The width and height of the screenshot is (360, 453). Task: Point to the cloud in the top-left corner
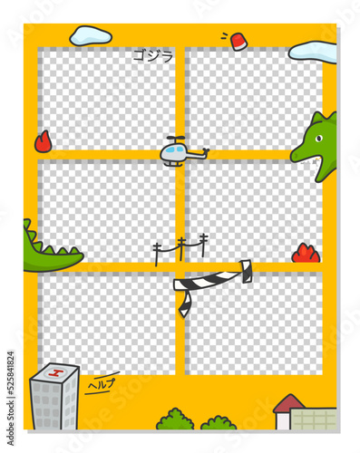(x=91, y=35)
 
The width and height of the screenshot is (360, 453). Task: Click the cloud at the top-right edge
(x=313, y=52)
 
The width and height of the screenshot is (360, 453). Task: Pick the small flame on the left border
(x=43, y=141)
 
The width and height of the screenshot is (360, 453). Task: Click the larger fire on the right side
(x=306, y=253)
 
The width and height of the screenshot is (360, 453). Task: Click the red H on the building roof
(x=55, y=372)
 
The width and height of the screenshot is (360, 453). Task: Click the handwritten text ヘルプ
(x=102, y=383)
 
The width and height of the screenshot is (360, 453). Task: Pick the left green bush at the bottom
(x=175, y=419)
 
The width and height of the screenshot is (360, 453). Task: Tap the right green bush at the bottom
(x=219, y=422)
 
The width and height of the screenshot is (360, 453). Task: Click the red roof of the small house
(x=288, y=402)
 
